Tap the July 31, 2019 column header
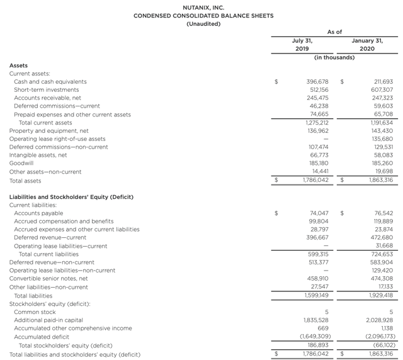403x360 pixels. [302, 44]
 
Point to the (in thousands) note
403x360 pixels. [334, 57]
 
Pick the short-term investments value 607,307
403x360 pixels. [379, 90]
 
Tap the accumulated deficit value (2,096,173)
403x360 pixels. [375, 337]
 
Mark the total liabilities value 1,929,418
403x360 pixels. [379, 295]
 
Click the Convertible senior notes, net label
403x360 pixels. [48, 278]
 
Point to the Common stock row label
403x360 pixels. [35, 312]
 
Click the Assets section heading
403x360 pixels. [18, 65]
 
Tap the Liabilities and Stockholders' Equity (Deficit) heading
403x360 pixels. [71, 196]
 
